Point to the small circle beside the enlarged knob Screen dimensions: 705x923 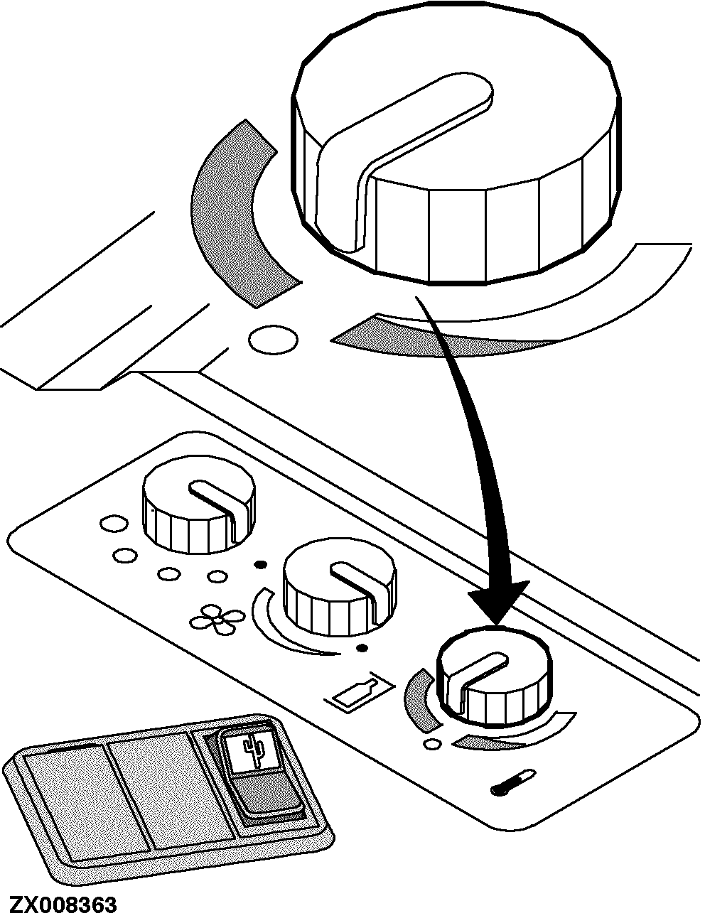[x=273, y=339]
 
